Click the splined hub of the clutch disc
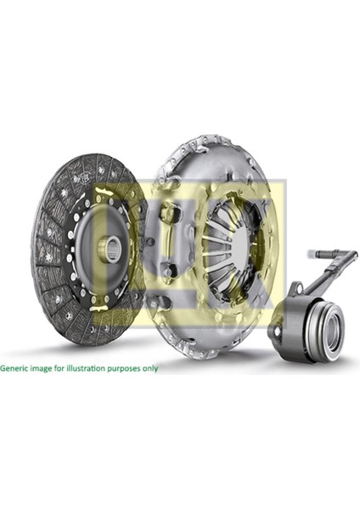click(110, 249)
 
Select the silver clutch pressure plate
click(212, 238)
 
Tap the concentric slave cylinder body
click(293, 322)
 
